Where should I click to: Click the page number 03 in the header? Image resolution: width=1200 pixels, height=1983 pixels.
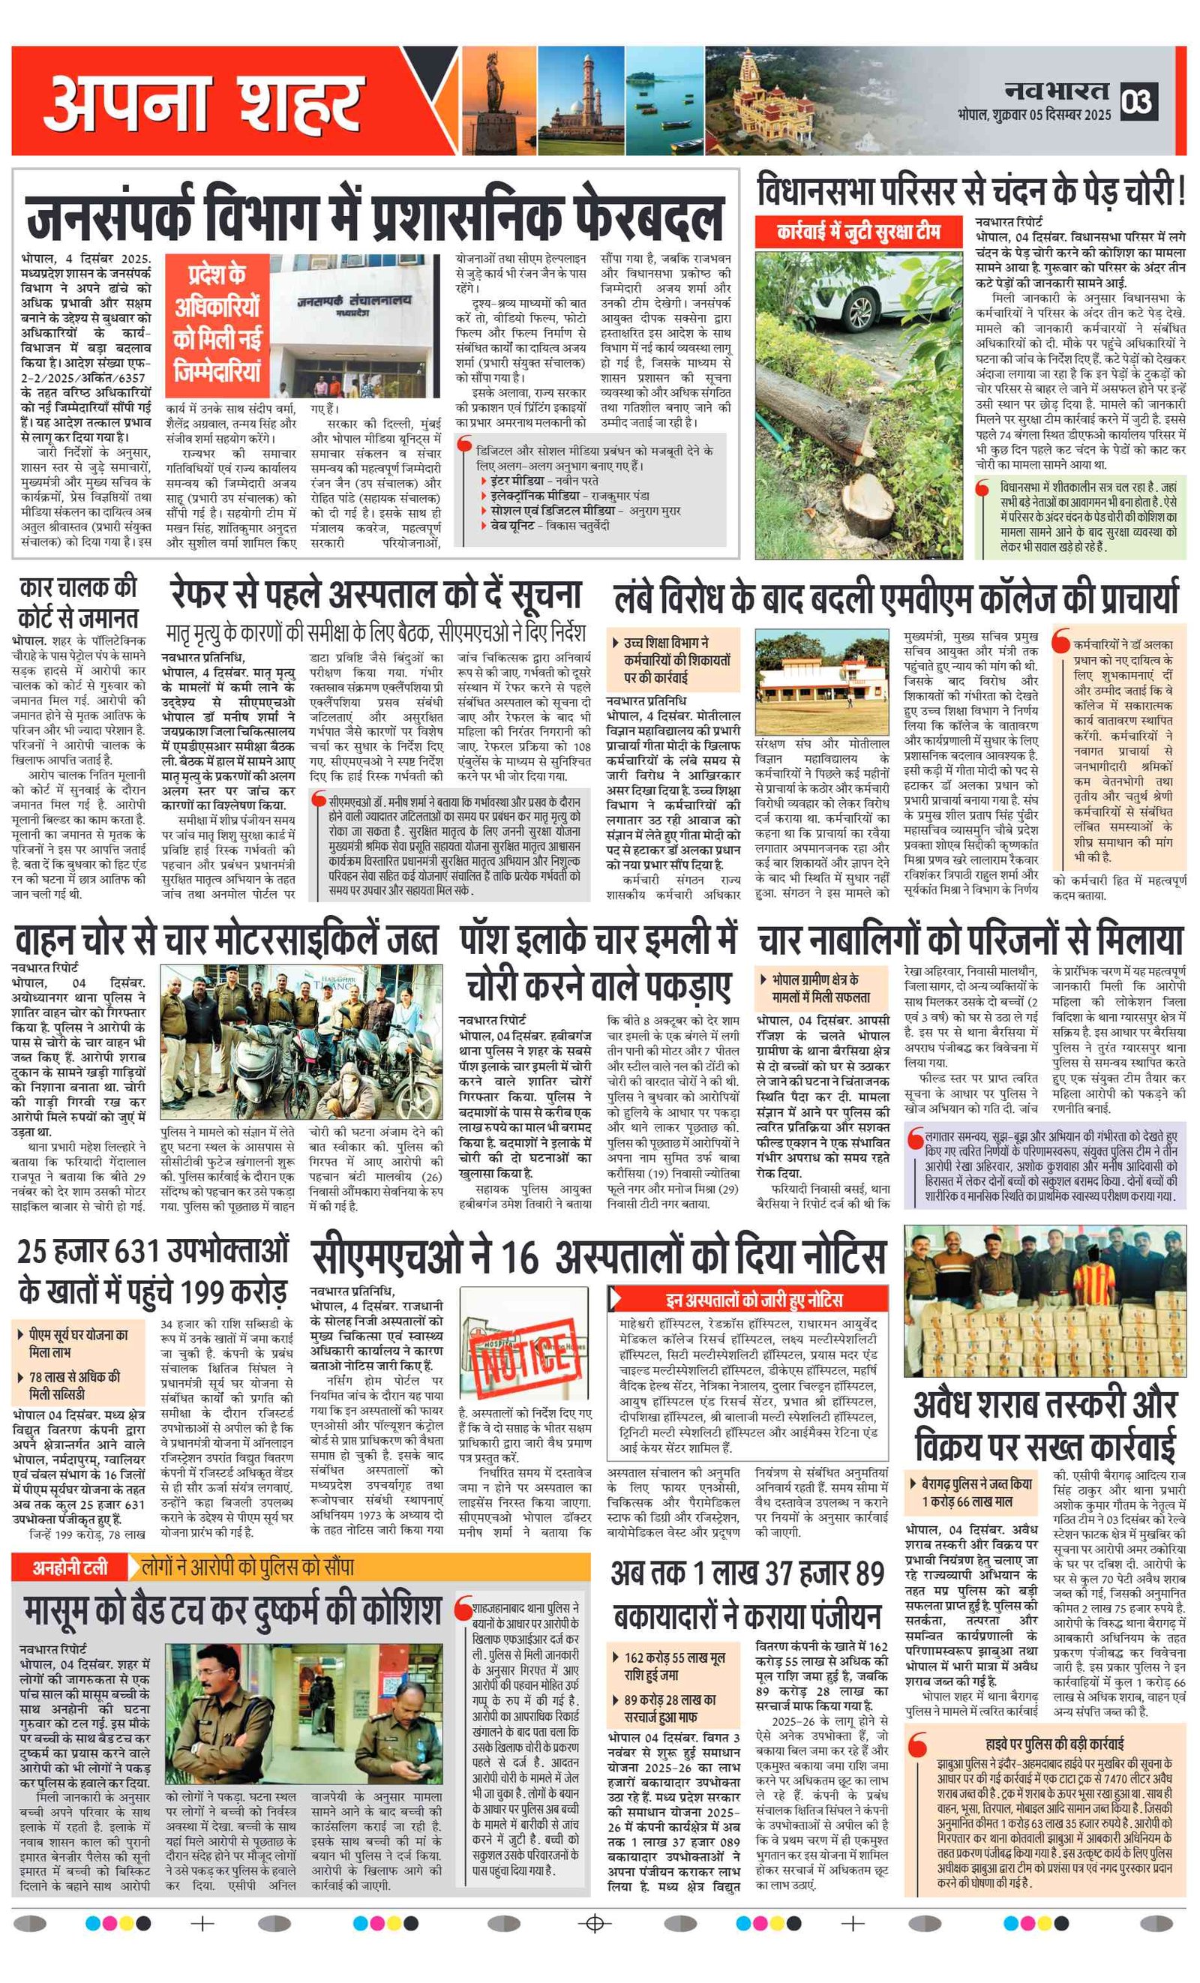(1138, 101)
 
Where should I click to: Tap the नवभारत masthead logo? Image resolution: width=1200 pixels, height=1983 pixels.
(1055, 91)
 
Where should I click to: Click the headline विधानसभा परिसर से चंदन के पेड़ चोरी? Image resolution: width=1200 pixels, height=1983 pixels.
(970, 191)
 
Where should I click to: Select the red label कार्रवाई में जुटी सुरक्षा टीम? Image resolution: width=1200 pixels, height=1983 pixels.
(858, 232)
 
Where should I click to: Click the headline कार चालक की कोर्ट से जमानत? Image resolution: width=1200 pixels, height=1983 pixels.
(78, 601)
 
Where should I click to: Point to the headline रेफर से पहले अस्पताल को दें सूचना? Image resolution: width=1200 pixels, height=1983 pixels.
(375, 595)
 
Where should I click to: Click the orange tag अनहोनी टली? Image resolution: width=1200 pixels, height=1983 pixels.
(70, 1566)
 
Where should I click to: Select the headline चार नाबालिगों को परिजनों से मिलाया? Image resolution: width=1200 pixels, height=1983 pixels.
(970, 940)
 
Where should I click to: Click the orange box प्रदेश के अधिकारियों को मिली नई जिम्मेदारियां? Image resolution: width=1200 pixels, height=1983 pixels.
(217, 322)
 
